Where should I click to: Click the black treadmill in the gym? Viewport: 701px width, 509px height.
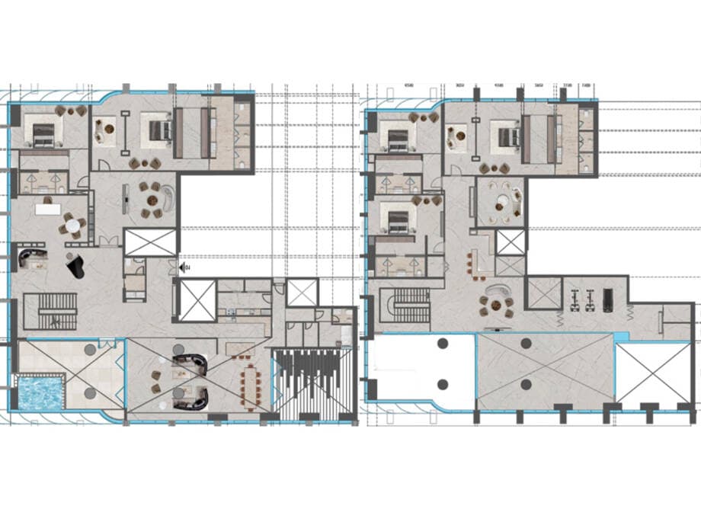[x=607, y=298]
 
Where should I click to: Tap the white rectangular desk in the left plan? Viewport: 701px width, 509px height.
[x=47, y=209]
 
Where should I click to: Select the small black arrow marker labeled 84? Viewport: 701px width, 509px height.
[x=185, y=267]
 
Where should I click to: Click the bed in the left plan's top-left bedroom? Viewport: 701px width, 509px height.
[x=43, y=134]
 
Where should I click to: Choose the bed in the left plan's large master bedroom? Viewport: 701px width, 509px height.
[x=161, y=130]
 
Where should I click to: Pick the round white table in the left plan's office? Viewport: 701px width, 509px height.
[x=72, y=226]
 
